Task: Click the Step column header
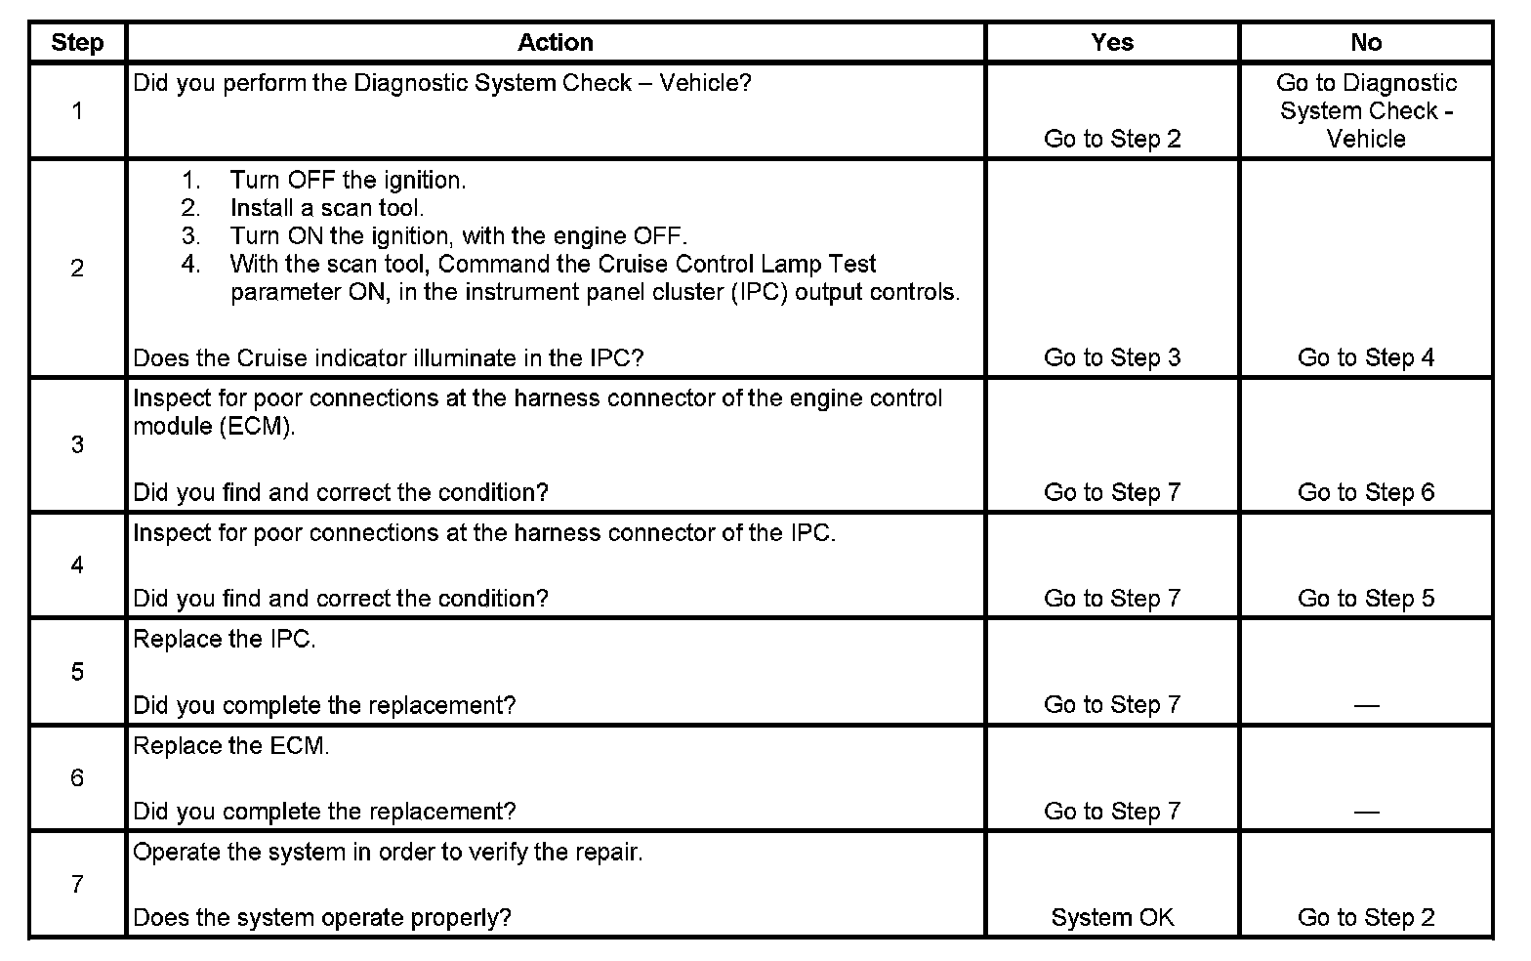pyautogui.click(x=77, y=43)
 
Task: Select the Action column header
pyautogui.click(x=555, y=43)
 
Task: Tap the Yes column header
pyautogui.click(x=1112, y=43)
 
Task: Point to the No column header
pyautogui.click(x=1366, y=43)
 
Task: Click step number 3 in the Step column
pyautogui.click(x=77, y=445)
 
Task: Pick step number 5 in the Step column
pyautogui.click(x=77, y=672)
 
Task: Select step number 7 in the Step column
pyautogui.click(x=77, y=885)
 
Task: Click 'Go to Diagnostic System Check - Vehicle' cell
pyautogui.click(x=1366, y=111)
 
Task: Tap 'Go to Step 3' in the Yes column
pyautogui.click(x=1112, y=358)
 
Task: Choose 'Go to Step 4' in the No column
pyautogui.click(x=1366, y=358)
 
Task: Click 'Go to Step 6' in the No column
pyautogui.click(x=1366, y=492)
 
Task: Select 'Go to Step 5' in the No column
pyautogui.click(x=1366, y=599)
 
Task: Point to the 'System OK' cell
pyautogui.click(x=1112, y=918)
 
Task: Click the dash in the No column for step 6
pyautogui.click(x=1366, y=812)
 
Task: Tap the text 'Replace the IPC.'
pyautogui.click(x=225, y=640)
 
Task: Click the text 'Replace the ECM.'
pyautogui.click(x=231, y=746)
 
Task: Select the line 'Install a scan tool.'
pyautogui.click(x=327, y=208)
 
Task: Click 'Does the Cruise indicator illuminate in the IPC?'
pyautogui.click(x=388, y=358)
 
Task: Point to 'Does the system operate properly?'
pyautogui.click(x=322, y=918)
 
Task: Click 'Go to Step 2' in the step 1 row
pyautogui.click(x=1112, y=139)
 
